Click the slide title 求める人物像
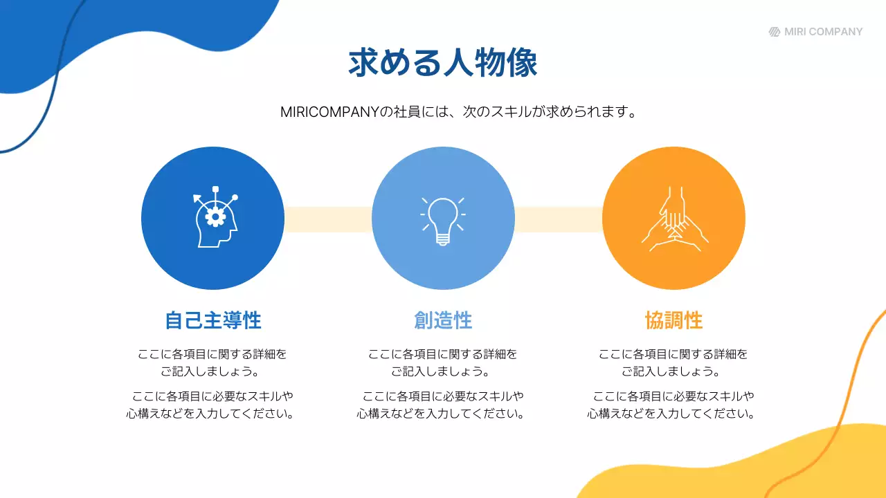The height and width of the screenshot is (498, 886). point(443,64)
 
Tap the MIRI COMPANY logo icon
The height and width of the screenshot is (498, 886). point(775,32)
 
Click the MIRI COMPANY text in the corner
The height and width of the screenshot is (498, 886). point(824,32)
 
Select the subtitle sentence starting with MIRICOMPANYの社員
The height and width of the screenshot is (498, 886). point(458,112)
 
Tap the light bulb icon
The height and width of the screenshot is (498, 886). point(443,220)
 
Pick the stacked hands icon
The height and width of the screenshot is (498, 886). point(673,220)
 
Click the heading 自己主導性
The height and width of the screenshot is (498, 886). point(213,321)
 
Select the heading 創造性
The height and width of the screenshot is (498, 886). point(443,321)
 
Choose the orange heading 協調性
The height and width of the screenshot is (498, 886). point(673,321)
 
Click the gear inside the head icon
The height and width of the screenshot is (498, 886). point(216,216)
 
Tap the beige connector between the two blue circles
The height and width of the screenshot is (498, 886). point(328,219)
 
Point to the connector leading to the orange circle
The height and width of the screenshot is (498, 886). point(559,219)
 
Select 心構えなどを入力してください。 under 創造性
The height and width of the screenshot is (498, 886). point(440,414)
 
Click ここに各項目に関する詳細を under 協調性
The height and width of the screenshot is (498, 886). point(673,354)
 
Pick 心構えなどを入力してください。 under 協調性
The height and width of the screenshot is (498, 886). point(671,414)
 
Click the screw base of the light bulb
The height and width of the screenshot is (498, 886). point(443,239)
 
